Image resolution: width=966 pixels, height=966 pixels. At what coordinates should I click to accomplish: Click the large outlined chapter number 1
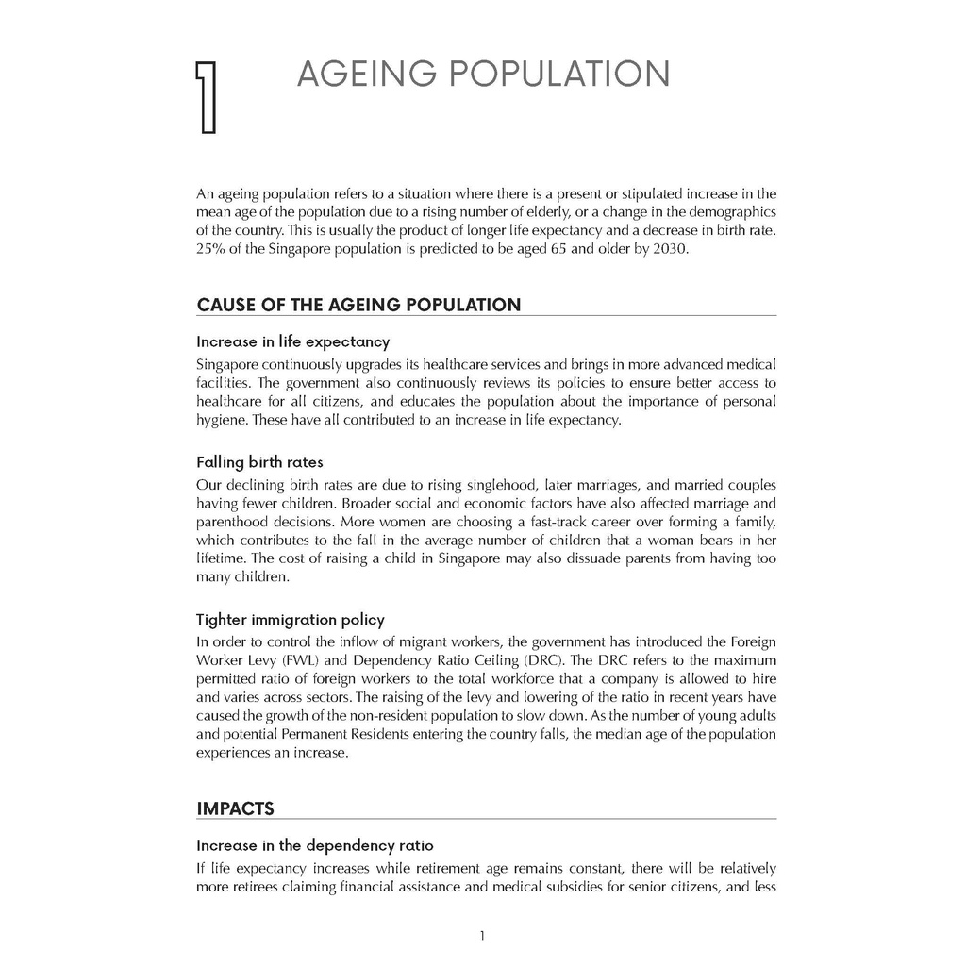206,97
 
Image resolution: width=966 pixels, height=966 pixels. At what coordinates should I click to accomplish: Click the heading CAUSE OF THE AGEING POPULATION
358,305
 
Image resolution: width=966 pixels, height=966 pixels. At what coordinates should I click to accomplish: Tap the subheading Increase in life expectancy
292,341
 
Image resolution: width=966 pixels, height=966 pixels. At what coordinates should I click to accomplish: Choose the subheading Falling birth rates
259,462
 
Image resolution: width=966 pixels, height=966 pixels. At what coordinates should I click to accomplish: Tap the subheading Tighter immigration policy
291,620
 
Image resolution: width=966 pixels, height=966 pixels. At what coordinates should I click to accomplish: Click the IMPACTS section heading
235,808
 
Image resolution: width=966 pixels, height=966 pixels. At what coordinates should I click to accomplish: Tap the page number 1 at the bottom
482,936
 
